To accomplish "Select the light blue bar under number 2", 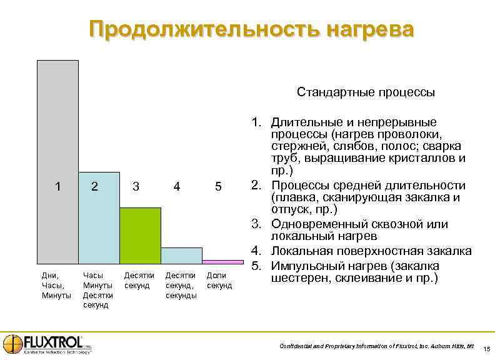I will tap(99, 225).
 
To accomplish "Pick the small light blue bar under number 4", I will tap(181, 255).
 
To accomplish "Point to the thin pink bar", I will tap(222, 262).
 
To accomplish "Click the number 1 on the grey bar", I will tap(57, 186).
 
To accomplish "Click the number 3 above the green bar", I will tap(136, 186).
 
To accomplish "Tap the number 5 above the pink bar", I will tap(218, 186).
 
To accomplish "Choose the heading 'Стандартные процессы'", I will tap(366, 92).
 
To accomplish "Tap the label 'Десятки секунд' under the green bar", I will tap(139, 280).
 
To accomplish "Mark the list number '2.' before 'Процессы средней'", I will tap(256, 185).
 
